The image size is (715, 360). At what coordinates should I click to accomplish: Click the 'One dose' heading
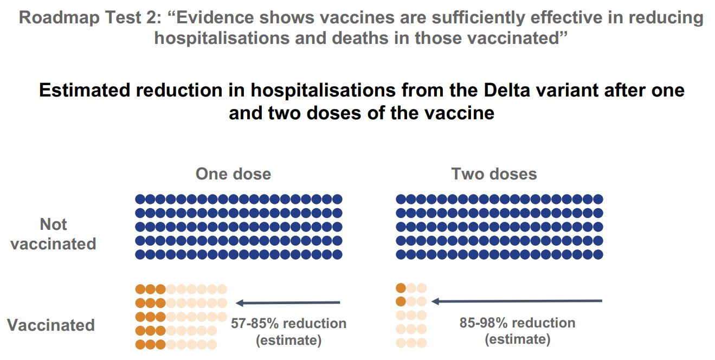click(233, 174)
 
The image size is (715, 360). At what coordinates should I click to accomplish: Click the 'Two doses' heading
click(494, 174)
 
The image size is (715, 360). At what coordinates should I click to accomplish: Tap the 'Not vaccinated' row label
click(53, 234)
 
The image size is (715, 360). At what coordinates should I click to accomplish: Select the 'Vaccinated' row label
click(51, 325)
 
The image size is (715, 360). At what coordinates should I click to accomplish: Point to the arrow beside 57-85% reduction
click(288, 303)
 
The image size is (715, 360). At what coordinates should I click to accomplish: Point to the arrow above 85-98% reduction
click(517, 300)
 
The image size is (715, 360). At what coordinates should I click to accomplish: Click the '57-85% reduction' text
click(288, 323)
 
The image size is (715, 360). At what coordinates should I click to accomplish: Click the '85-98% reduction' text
click(517, 323)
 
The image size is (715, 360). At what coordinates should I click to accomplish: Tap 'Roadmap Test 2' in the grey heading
click(80, 18)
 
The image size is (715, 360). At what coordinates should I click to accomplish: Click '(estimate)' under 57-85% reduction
click(288, 340)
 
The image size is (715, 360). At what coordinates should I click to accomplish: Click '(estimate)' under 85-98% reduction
click(517, 340)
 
